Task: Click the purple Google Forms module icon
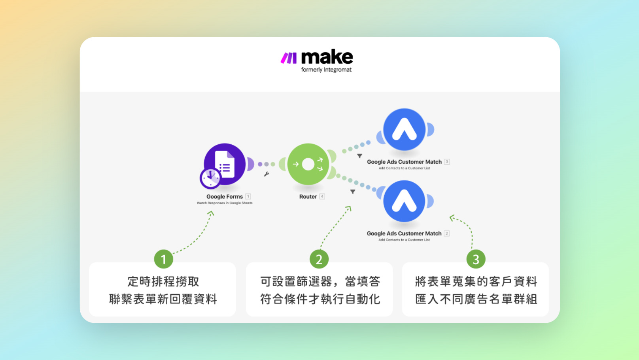tap(225, 164)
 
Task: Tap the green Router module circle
tap(308, 164)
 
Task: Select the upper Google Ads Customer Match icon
tap(404, 130)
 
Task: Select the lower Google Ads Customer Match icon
tap(404, 201)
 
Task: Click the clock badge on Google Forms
tap(210, 178)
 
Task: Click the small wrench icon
tap(267, 174)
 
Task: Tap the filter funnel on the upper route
tap(359, 156)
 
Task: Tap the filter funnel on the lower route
tap(353, 192)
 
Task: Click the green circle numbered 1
tap(163, 259)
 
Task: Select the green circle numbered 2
tap(319, 259)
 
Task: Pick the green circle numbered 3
tap(476, 259)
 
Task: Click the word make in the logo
tap(327, 58)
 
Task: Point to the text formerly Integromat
tap(326, 70)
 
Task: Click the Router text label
tap(308, 197)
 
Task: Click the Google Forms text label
tap(225, 197)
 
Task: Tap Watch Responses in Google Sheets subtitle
tap(225, 203)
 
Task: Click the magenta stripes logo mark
tap(289, 58)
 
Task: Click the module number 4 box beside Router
tap(322, 197)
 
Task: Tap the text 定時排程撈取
tap(163, 282)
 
